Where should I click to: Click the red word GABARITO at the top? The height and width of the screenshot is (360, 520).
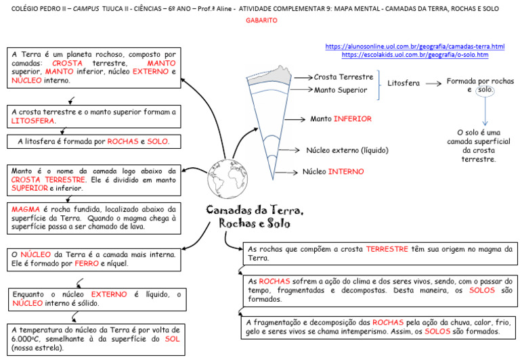coord(261,20)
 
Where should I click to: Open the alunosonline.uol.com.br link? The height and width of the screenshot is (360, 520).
coord(415,46)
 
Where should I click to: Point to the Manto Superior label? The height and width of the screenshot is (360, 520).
coord(341,89)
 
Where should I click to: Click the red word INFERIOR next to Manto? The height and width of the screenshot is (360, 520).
coord(352,118)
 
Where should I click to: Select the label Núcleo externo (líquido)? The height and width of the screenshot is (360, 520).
coord(347,150)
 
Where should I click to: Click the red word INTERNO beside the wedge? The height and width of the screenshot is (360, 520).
coord(346,171)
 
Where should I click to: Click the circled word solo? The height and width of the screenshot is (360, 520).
coord(484,90)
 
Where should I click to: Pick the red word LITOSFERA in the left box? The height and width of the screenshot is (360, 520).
coord(33,120)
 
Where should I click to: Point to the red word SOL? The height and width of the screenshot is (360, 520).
coord(172,338)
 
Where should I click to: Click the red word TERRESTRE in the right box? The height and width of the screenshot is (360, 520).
coord(387,249)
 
